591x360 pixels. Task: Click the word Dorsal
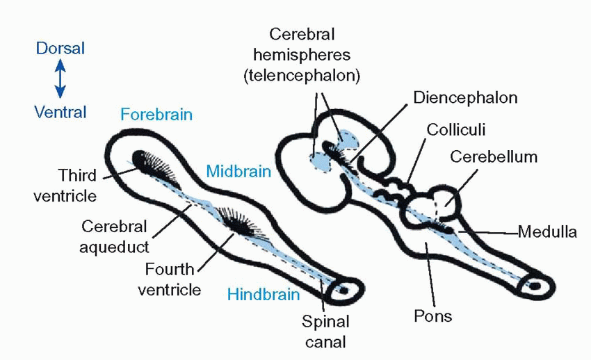pyautogui.click(x=60, y=49)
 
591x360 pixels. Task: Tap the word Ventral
pyautogui.click(x=60, y=112)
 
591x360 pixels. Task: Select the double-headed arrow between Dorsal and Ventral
pyautogui.click(x=60, y=79)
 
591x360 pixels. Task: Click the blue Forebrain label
pyautogui.click(x=156, y=115)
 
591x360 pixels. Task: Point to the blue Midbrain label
pyautogui.click(x=238, y=171)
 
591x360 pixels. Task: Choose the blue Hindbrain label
pyautogui.click(x=264, y=295)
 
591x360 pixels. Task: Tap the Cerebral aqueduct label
pyautogui.click(x=114, y=236)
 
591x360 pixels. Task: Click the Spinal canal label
pyautogui.click(x=325, y=332)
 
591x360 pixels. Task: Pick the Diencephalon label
pyautogui.click(x=465, y=97)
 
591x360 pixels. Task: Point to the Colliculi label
pyautogui.click(x=456, y=130)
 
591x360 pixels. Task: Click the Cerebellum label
pyautogui.click(x=494, y=157)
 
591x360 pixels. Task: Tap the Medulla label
pyautogui.click(x=547, y=232)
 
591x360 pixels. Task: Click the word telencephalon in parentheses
pyautogui.click(x=302, y=76)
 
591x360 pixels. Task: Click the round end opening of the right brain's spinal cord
pyautogui.click(x=535, y=286)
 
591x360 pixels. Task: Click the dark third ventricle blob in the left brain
pyautogui.click(x=143, y=161)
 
